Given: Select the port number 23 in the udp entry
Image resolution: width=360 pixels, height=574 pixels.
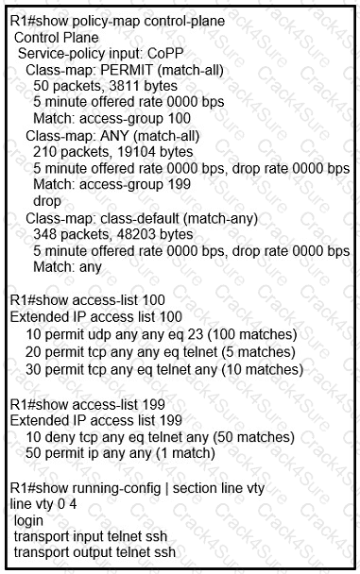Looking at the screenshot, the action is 189,333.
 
